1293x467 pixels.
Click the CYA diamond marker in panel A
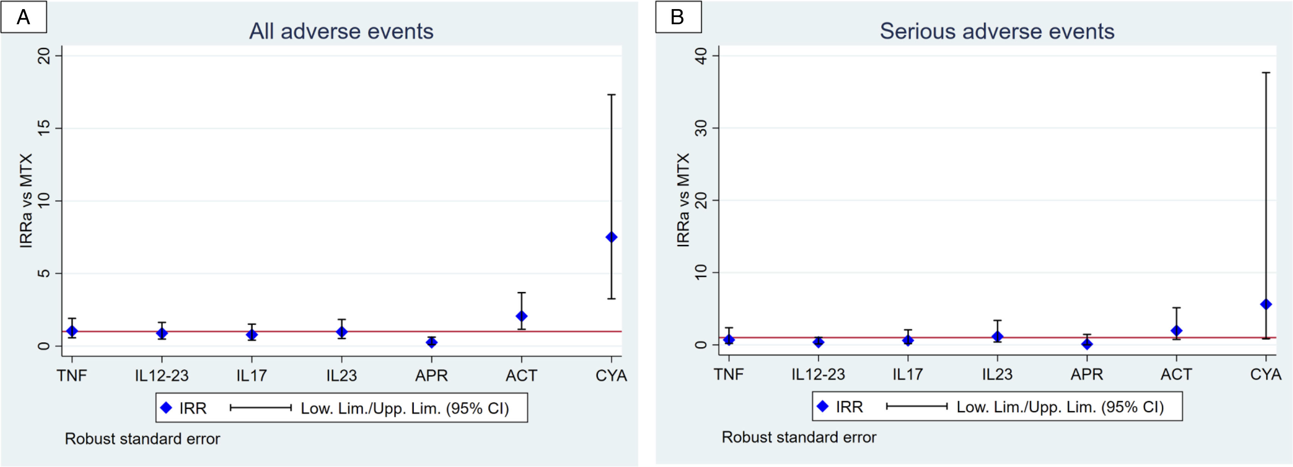coord(611,237)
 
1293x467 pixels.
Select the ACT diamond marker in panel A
coord(521,316)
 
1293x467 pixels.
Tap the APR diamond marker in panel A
coord(432,342)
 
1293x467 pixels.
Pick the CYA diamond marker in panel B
coord(1266,304)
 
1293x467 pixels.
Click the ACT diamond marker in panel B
coord(1176,330)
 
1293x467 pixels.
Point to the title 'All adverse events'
coord(341,31)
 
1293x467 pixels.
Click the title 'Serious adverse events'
coord(997,31)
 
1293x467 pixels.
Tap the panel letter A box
coord(23,17)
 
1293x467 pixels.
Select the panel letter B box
coord(678,17)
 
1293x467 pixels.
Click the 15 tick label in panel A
coord(45,128)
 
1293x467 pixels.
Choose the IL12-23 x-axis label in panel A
coord(162,375)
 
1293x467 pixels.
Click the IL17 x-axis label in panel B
coord(907,374)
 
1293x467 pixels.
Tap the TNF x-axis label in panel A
coord(72,375)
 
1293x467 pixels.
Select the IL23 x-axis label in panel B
coord(997,374)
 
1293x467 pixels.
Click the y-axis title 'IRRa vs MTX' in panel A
coord(26,200)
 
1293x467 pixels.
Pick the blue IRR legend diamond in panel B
coord(823,406)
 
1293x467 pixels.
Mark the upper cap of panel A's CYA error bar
coord(611,94)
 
